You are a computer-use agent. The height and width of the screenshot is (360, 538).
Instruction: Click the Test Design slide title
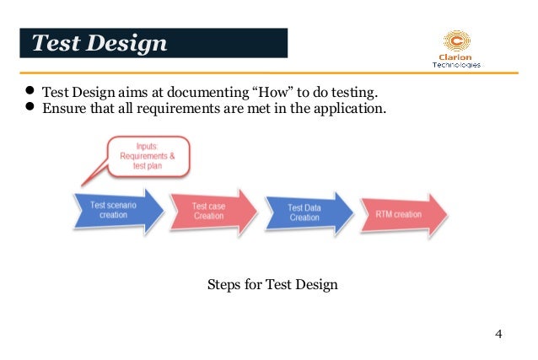(100, 43)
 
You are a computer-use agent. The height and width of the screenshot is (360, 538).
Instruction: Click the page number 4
(498, 335)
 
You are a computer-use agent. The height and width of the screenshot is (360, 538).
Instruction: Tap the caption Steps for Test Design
(272, 284)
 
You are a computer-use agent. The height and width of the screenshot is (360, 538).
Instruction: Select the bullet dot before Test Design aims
(28, 91)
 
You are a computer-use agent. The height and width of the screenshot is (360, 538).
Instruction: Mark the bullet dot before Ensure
(28, 107)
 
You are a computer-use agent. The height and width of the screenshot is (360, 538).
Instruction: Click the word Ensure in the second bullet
(63, 107)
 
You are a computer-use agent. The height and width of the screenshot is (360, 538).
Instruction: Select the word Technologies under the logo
(456, 64)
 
